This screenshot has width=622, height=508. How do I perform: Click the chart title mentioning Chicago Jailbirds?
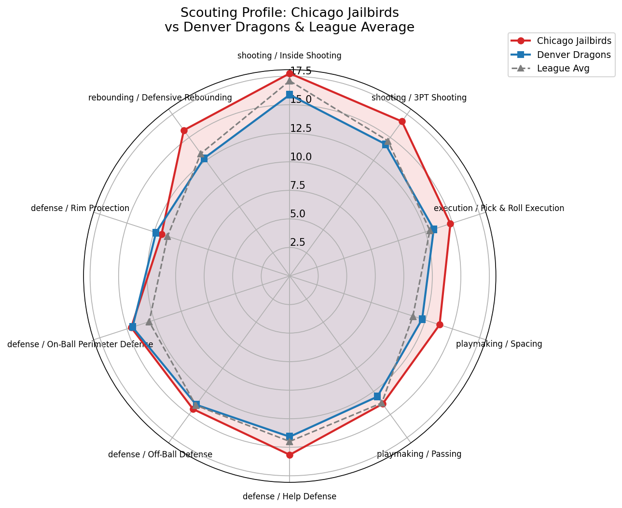290,20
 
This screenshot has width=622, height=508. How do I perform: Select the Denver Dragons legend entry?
574,55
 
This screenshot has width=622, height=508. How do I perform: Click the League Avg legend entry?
563,69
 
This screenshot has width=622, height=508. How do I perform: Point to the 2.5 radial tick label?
298,242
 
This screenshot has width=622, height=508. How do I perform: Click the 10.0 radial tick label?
301,157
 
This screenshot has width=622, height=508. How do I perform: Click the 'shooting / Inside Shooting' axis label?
290,56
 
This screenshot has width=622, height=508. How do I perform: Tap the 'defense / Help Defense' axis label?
290,496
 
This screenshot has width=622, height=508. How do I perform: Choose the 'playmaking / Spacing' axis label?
499,344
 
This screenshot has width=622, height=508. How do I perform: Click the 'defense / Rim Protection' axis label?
80,208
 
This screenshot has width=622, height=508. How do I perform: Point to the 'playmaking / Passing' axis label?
419,454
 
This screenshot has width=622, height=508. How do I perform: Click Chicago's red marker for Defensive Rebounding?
184,130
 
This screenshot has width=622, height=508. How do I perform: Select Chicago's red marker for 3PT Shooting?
402,121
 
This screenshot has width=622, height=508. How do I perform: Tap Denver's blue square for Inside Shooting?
290,95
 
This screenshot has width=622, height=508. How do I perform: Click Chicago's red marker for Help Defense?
290,455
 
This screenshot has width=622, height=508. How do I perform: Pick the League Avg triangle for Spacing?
413,316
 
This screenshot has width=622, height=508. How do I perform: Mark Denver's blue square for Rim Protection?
156,233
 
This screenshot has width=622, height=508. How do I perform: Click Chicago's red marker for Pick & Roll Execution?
450,224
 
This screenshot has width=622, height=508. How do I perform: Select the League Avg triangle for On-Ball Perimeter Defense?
149,322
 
